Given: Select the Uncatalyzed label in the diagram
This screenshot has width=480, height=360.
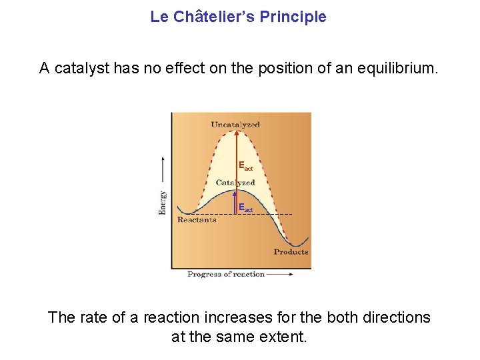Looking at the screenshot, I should (235, 125).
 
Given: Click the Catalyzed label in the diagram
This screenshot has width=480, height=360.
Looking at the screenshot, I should (235, 182).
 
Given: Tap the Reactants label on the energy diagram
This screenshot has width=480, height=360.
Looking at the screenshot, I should (197, 220).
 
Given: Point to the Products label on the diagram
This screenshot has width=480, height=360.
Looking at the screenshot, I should (291, 252).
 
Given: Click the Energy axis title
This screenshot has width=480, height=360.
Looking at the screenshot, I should (163, 203).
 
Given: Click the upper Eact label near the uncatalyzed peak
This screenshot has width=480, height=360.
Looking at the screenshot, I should (245, 165).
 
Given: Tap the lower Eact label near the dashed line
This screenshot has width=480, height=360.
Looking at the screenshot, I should (245, 208).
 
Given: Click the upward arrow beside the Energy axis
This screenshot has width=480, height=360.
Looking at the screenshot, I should (163, 170).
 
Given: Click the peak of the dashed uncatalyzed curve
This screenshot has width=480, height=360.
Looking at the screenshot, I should (236, 131).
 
